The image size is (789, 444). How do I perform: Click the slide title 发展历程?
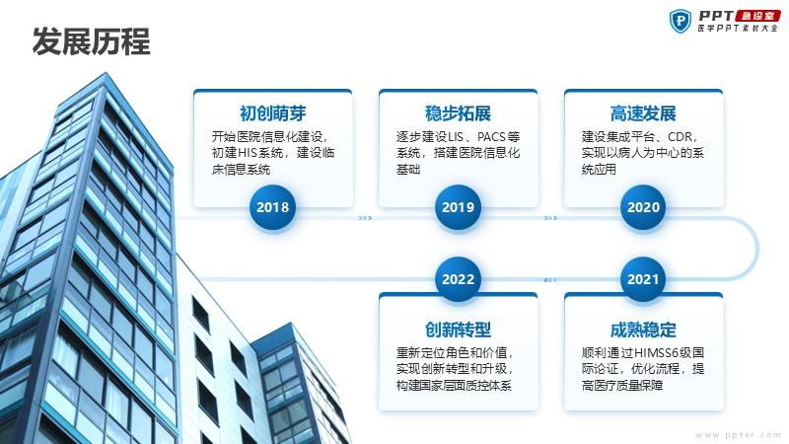pyautogui.click(x=91, y=41)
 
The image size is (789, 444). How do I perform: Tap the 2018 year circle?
pyautogui.click(x=273, y=207)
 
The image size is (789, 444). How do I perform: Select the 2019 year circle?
pyautogui.click(x=458, y=207)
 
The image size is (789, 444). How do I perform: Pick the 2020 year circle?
pyautogui.click(x=643, y=207)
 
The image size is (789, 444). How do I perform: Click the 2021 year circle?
pyautogui.click(x=643, y=279)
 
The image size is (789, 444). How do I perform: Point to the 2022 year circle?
pyautogui.click(x=458, y=279)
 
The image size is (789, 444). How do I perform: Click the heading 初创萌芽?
pyautogui.click(x=273, y=113)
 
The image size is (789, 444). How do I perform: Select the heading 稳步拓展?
pyautogui.click(x=458, y=113)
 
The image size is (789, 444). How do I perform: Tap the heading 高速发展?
pyautogui.click(x=643, y=113)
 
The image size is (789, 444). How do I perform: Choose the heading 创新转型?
pyautogui.click(x=458, y=330)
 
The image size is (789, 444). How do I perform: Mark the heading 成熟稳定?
pyautogui.click(x=643, y=330)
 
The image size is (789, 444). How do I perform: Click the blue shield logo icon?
pyautogui.click(x=681, y=21)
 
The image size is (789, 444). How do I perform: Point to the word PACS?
pyautogui.click(x=491, y=137)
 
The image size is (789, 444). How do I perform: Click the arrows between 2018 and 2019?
pyautogui.click(x=365, y=218)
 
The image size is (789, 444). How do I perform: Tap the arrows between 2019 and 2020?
pyautogui.click(x=550, y=218)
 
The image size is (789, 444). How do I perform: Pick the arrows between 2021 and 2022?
pyautogui.click(x=550, y=280)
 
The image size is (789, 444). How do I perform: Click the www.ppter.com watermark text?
pyautogui.click(x=738, y=435)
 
